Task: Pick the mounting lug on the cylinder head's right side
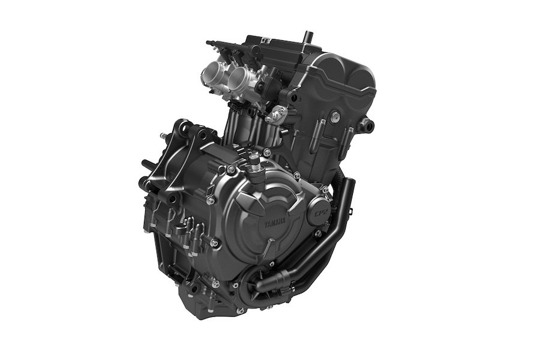[x=368, y=125]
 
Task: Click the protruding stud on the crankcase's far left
[x=144, y=163]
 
